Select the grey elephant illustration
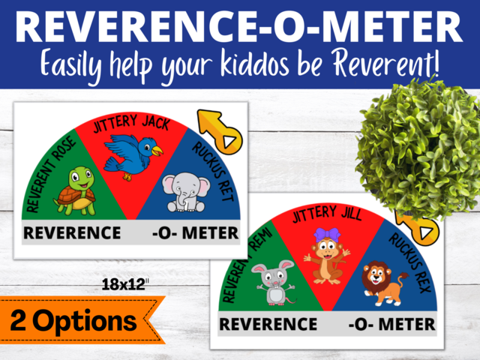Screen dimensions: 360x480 pos(182,192)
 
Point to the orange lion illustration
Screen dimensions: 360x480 pos(383,283)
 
